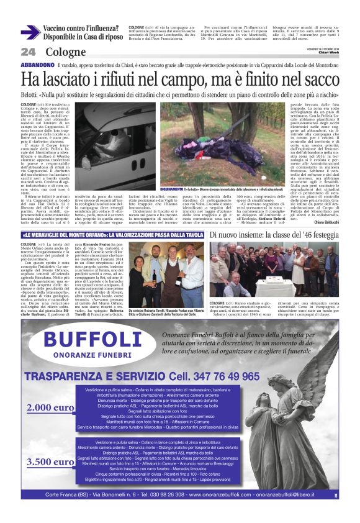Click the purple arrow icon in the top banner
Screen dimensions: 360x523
(x=30, y=33)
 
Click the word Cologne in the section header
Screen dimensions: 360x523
(x=65, y=52)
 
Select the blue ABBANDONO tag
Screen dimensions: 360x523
(x=37, y=65)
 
